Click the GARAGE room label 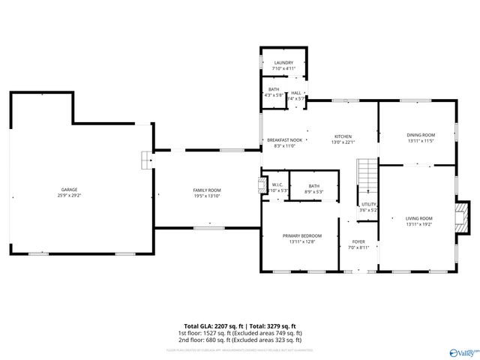point(69,189)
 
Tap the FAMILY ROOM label point(207,190)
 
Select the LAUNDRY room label point(283,63)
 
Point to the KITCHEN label point(343,136)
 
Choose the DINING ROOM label point(421,135)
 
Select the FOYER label point(358,241)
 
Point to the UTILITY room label point(368,204)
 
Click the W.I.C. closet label point(277,185)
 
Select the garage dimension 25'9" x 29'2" point(69,195)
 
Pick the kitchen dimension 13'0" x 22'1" point(343,142)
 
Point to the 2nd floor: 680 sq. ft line point(239,340)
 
